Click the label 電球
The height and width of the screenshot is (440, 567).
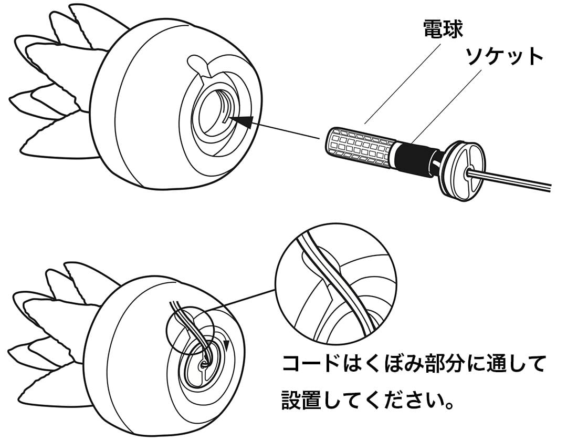point(444,30)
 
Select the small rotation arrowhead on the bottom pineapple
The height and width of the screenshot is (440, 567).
point(227,344)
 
